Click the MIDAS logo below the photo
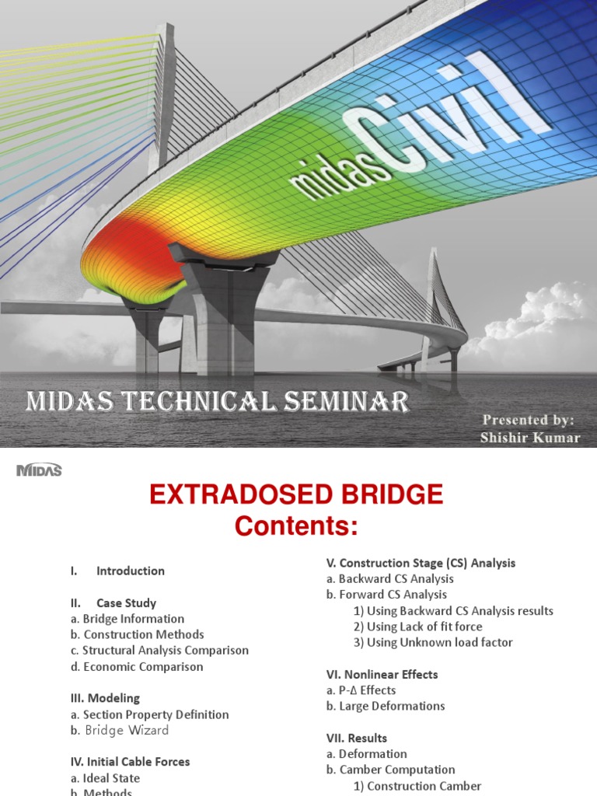[39, 470]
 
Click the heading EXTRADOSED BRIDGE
[296, 494]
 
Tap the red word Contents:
[296, 526]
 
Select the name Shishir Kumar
[530, 438]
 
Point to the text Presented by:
[528, 421]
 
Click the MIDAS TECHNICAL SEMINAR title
[218, 402]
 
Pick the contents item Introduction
[131, 571]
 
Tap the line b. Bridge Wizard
[120, 731]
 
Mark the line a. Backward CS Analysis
[389, 579]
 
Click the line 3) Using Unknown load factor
[433, 643]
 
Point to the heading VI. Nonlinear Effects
[382, 675]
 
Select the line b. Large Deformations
[386, 707]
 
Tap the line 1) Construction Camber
[417, 786]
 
